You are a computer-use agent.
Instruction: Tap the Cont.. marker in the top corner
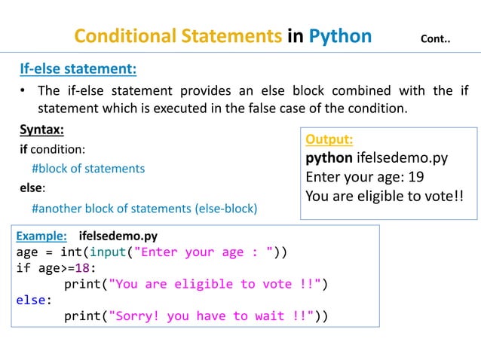click(435, 38)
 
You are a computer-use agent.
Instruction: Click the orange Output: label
click(329, 139)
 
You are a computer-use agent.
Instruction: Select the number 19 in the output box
click(415, 178)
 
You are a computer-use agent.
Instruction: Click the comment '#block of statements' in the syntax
click(88, 168)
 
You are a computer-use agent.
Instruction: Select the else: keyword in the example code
click(33, 301)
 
